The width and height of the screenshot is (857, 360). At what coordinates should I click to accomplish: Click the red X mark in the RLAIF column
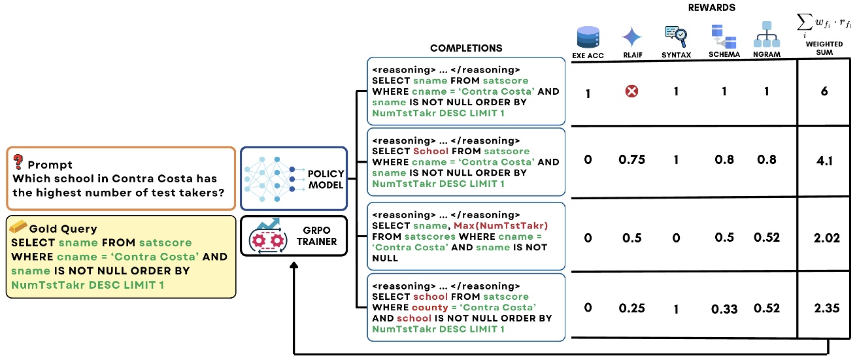(x=632, y=92)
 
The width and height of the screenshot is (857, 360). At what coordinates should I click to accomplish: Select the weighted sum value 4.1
(x=824, y=160)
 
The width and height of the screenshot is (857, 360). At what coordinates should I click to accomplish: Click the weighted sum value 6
(x=824, y=92)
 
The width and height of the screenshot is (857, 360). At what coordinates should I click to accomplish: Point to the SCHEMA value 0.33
(x=724, y=309)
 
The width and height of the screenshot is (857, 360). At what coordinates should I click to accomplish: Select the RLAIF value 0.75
(x=632, y=160)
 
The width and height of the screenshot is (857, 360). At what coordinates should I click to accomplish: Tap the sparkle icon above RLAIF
(x=632, y=35)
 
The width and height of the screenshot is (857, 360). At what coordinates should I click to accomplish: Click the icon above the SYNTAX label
(x=676, y=34)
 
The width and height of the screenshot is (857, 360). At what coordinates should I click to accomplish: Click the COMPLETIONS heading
(x=466, y=48)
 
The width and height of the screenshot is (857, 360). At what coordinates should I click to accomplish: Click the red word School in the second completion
(x=429, y=152)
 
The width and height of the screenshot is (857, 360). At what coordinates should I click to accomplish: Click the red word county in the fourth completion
(x=429, y=307)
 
